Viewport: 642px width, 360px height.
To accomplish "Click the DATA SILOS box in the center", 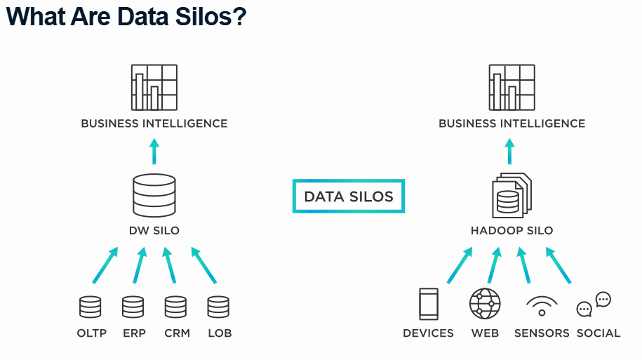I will (x=348, y=196).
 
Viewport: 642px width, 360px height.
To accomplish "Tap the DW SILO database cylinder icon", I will (x=154, y=195).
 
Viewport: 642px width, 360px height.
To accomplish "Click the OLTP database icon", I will (x=91, y=307).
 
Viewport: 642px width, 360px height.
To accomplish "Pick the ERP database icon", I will (x=133, y=307).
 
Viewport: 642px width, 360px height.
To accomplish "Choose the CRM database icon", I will (x=175, y=307).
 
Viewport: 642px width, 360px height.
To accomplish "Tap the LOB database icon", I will (x=218, y=307).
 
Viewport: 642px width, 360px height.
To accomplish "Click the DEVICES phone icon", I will (x=428, y=304).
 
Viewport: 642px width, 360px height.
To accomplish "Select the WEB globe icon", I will (x=485, y=304).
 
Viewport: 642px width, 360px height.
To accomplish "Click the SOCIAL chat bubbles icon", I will (x=594, y=305).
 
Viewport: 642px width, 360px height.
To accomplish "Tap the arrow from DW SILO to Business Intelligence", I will (x=154, y=151).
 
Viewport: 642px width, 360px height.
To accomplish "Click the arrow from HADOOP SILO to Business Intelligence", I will (x=511, y=151).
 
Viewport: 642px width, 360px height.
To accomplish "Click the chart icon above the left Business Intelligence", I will (x=154, y=87).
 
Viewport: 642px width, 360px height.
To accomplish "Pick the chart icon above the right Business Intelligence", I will (x=511, y=87).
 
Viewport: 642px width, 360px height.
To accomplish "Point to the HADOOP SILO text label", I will (x=511, y=230).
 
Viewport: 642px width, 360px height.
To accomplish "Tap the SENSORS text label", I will (x=542, y=333).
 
